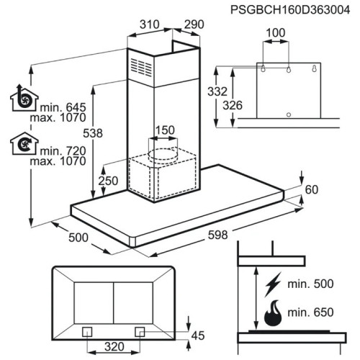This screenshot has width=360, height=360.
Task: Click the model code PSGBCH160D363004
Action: (x=290, y=10)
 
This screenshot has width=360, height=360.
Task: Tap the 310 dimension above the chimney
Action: (x=150, y=24)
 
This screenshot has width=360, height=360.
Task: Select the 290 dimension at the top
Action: (x=194, y=24)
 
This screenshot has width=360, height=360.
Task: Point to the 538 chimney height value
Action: (x=93, y=133)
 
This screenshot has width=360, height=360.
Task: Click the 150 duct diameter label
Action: (x=165, y=130)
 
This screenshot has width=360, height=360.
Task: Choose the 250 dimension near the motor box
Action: (x=108, y=181)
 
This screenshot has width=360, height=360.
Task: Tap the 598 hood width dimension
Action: (x=217, y=235)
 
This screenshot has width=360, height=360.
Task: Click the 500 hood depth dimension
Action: (x=78, y=238)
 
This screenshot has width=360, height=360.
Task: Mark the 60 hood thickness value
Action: (x=312, y=189)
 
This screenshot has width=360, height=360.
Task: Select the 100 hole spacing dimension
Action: (x=276, y=33)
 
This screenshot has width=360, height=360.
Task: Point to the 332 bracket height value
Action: (x=217, y=91)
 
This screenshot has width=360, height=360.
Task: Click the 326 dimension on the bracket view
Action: (x=233, y=105)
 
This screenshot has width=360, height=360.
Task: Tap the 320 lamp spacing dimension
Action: (x=114, y=347)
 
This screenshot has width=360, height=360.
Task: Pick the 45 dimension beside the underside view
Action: (x=198, y=336)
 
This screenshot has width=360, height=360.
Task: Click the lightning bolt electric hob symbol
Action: (x=273, y=284)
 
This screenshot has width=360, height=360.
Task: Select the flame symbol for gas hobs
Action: (x=273, y=313)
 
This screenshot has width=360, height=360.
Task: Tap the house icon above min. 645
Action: (x=24, y=98)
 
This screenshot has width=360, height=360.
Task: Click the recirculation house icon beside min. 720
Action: (x=24, y=143)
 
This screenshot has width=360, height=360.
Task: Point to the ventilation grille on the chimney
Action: (x=141, y=67)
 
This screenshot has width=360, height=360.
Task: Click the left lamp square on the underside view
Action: (x=87, y=332)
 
